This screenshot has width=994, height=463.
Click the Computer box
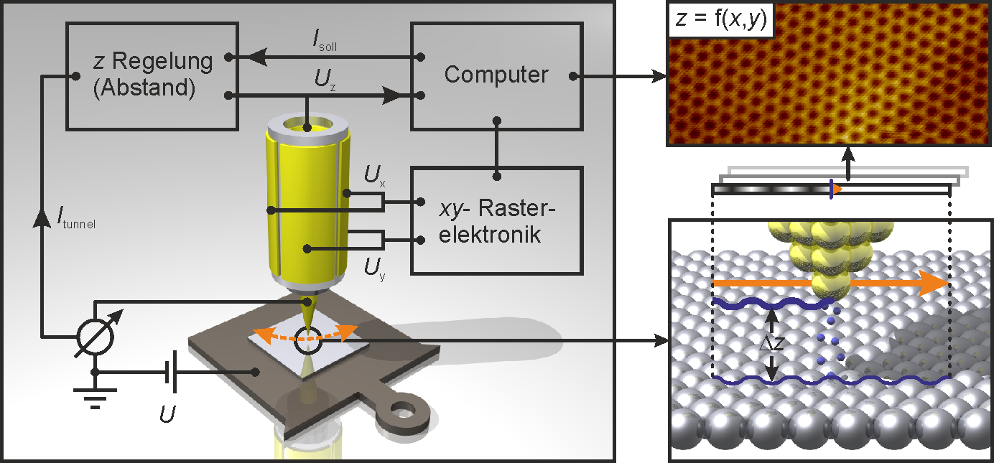click(x=496, y=75)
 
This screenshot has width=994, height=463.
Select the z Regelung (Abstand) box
click(x=152, y=75)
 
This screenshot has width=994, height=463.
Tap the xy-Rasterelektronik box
click(x=496, y=220)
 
